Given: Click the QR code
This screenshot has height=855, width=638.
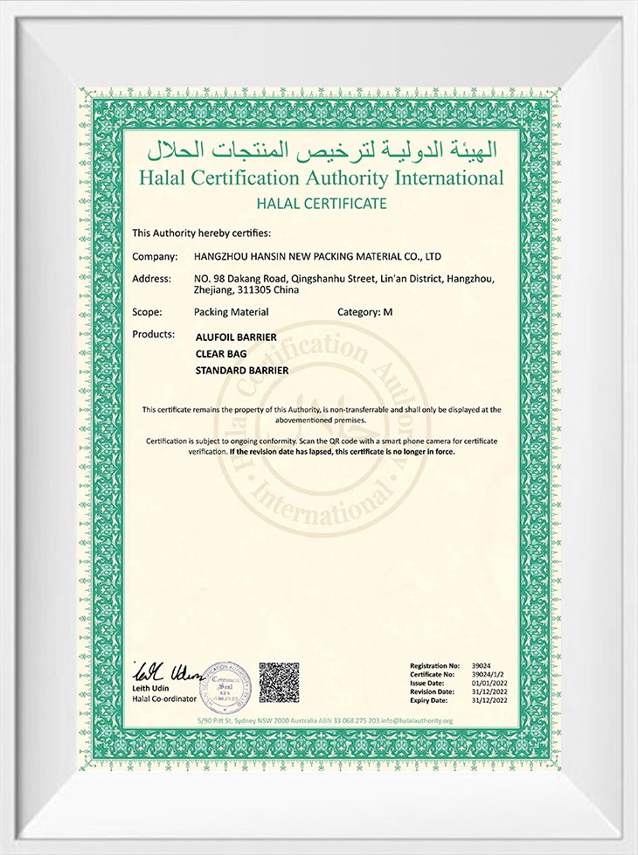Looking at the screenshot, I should (x=279, y=683).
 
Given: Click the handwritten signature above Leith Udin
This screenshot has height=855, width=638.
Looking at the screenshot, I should (x=165, y=673).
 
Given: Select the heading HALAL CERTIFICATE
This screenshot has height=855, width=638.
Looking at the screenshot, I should (x=322, y=204).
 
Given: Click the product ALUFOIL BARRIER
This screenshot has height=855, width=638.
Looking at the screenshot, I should (x=236, y=337).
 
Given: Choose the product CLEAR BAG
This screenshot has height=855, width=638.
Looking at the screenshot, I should (x=221, y=353).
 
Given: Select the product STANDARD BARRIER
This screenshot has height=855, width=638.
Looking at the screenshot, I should (x=242, y=370).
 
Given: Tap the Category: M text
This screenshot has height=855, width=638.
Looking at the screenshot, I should (x=364, y=311).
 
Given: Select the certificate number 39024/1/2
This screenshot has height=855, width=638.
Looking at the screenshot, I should (x=488, y=675).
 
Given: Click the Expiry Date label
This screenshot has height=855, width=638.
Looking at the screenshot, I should (x=430, y=701).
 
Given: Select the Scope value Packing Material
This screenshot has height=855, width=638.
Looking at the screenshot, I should (x=231, y=311).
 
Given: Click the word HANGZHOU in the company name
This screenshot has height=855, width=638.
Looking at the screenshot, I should (x=220, y=257).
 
